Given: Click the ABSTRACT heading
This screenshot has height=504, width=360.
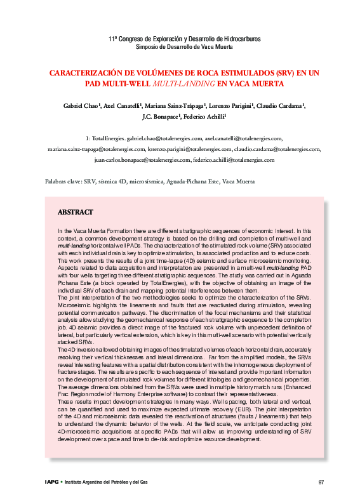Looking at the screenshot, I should pos(76,212).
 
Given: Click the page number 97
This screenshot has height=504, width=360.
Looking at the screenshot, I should pos(321,482).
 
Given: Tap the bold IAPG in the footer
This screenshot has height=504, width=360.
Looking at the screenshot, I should pos(52,482).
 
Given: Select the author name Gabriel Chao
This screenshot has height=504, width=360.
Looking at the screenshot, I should pos(82,105).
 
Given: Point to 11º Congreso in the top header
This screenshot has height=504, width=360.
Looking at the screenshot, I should pos(126,39).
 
